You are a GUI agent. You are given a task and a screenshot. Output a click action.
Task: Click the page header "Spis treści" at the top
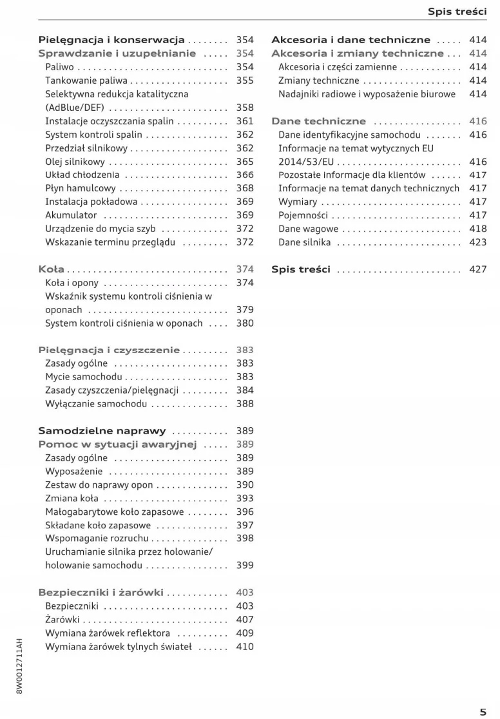457,12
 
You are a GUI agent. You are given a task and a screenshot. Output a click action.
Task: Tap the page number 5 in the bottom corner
483,694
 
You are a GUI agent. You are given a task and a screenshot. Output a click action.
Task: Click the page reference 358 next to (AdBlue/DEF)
245,108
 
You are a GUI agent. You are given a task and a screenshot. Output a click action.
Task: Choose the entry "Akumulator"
71,215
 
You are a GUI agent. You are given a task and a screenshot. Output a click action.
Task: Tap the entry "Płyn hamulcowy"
81,188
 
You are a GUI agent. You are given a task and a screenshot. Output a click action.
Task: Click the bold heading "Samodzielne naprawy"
102,431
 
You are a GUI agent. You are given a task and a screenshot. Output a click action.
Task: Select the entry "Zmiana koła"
72,498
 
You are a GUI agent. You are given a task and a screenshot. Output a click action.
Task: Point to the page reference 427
478,269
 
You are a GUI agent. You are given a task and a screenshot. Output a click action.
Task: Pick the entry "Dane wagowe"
308,229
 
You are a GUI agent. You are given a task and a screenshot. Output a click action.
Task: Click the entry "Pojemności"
303,215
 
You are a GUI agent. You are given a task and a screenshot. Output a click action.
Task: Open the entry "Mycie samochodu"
83,377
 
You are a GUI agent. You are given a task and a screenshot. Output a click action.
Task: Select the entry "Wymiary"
298,202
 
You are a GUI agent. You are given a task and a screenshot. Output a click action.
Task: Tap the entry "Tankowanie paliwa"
86,81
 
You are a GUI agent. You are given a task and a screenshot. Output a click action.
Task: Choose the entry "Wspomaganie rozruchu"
97,538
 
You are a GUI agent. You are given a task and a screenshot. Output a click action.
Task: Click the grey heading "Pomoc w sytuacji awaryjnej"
117,445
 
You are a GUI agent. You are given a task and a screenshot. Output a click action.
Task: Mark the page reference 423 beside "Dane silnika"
478,242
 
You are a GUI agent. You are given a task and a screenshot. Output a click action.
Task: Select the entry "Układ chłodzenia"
82,175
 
